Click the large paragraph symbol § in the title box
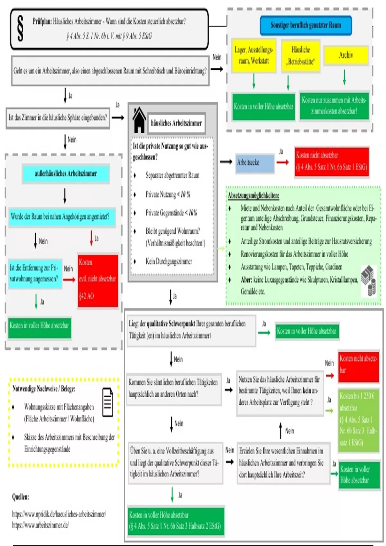pyautogui.click(x=20, y=29)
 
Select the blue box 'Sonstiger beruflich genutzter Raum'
pyautogui.click(x=306, y=25)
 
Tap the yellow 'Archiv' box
pyautogui.click(x=346, y=55)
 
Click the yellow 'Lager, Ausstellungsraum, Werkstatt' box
pyautogui.click(x=254, y=55)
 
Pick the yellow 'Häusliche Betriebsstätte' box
pyautogui.click(x=301, y=56)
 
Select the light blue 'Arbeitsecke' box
pyautogui.click(x=255, y=163)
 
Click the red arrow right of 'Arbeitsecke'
pyautogui.click(x=283, y=162)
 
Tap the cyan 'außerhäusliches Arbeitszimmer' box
pyautogui.click(x=66, y=173)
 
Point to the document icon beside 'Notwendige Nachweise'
pyautogui.click(x=108, y=402)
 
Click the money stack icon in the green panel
pyautogui.click(x=369, y=280)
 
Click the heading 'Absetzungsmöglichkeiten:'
pyautogui.click(x=253, y=195)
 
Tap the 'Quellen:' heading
pyautogui.click(x=21, y=497)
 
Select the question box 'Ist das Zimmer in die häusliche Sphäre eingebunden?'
pyautogui.click(x=58, y=118)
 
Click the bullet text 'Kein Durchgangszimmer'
pyautogui.click(x=169, y=261)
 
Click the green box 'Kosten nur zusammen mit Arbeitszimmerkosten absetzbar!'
pyautogui.click(x=334, y=106)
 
